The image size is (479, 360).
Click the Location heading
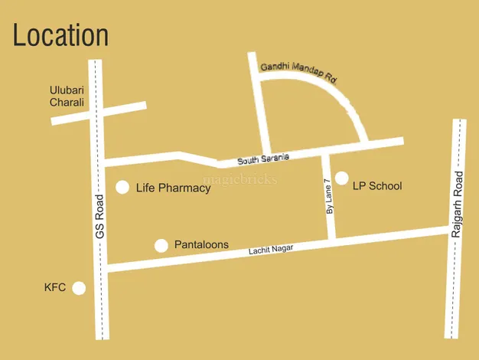[x=60, y=35]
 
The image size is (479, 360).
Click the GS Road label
[x=99, y=216]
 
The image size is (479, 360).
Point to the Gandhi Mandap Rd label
[x=298, y=72]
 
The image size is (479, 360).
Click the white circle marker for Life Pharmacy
[x=122, y=188]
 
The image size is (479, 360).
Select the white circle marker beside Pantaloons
[x=161, y=245]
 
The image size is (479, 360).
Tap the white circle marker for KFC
[x=79, y=288]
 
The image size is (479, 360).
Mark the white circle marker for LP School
[x=341, y=178]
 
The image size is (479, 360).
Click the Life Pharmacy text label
[x=173, y=188]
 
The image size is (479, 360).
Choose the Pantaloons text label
[x=201, y=245]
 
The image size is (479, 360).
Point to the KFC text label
[x=55, y=288]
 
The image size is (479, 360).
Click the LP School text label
[x=376, y=186]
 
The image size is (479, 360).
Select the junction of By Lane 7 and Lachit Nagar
[x=331, y=240]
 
